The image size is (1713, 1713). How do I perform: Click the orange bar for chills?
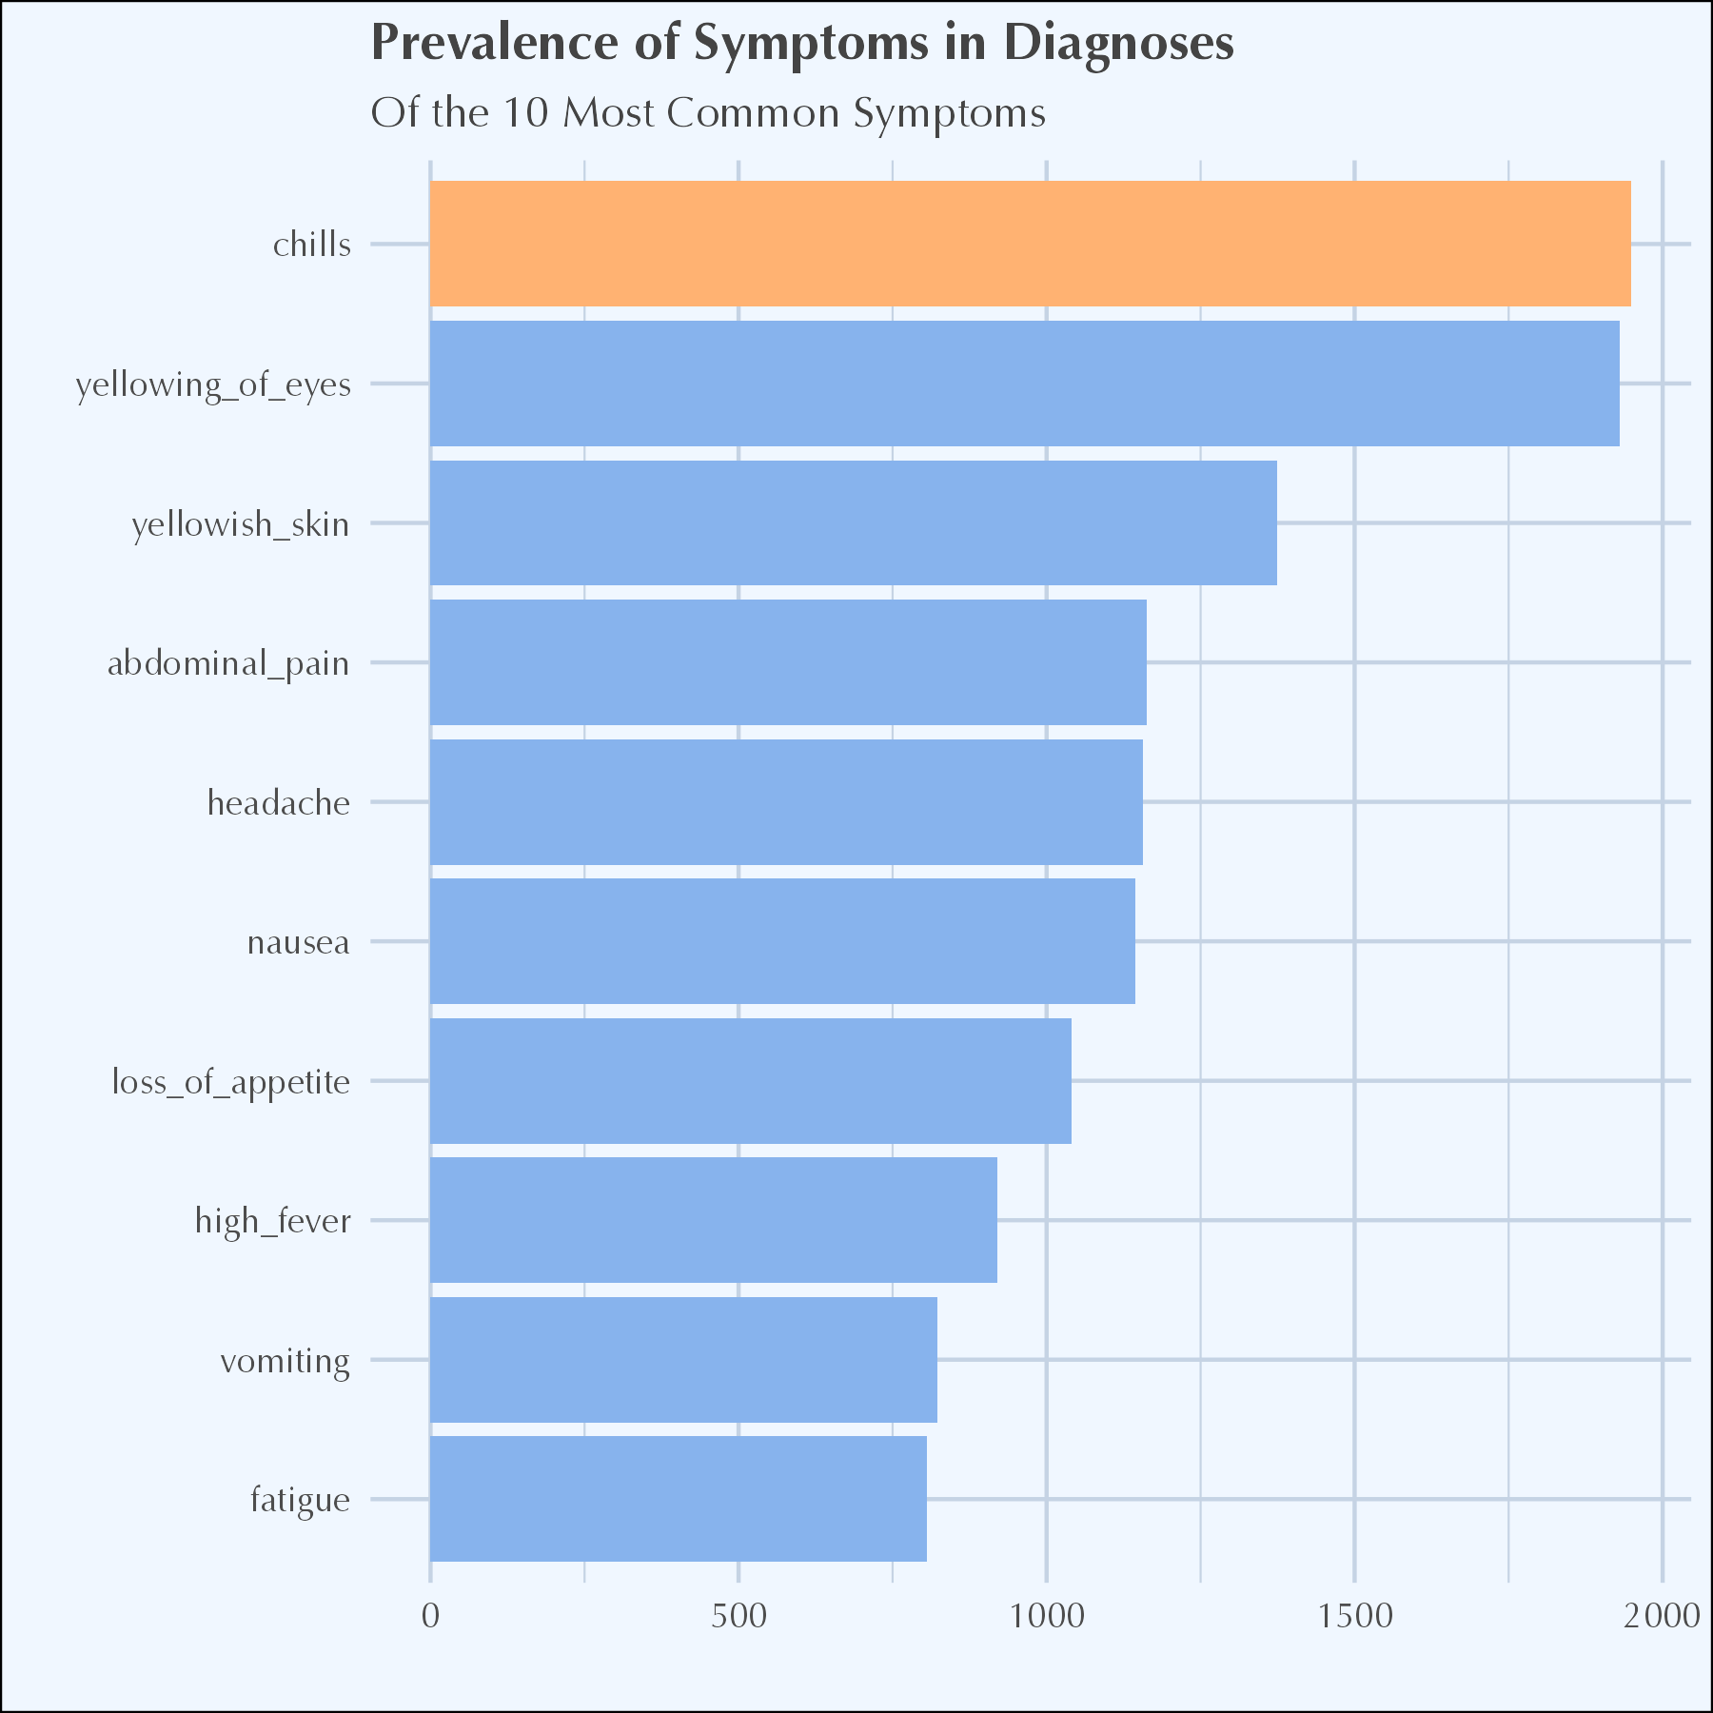click(1030, 244)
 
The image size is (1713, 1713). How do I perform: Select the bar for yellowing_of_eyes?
click(1024, 384)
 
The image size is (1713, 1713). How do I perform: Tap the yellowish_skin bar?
click(853, 522)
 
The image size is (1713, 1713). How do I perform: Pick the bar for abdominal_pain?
click(788, 662)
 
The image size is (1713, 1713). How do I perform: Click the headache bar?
click(786, 802)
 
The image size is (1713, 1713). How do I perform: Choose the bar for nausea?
click(782, 941)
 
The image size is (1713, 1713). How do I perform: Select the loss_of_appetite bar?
click(750, 1081)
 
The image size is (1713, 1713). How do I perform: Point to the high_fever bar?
click(713, 1220)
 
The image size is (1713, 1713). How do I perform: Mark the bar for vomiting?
click(683, 1360)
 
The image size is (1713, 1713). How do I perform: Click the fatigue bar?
click(678, 1499)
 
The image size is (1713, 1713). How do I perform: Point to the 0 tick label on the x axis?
click(430, 1616)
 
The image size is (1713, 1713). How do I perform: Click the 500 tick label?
click(738, 1616)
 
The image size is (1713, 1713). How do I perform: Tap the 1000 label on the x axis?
click(1046, 1616)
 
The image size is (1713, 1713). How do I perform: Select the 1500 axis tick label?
click(1354, 1616)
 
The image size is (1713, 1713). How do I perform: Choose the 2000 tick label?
click(1662, 1616)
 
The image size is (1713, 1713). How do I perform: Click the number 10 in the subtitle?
click(526, 113)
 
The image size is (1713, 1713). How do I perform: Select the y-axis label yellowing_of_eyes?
click(213, 385)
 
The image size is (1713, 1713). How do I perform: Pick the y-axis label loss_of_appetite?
click(231, 1083)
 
